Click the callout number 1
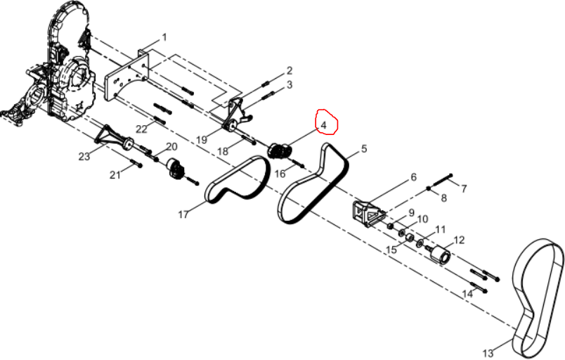point(164,37)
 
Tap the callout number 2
point(289,70)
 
